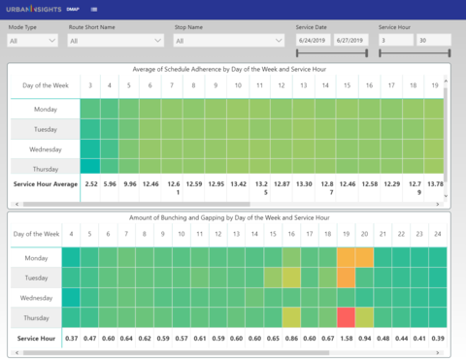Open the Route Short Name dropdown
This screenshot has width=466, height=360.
tap(116, 42)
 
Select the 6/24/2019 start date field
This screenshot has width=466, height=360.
tap(315, 41)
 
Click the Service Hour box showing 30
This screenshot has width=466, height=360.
tap(434, 41)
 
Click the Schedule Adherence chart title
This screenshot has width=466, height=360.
tap(233, 69)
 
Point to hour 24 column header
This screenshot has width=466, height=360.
tap(439, 234)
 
